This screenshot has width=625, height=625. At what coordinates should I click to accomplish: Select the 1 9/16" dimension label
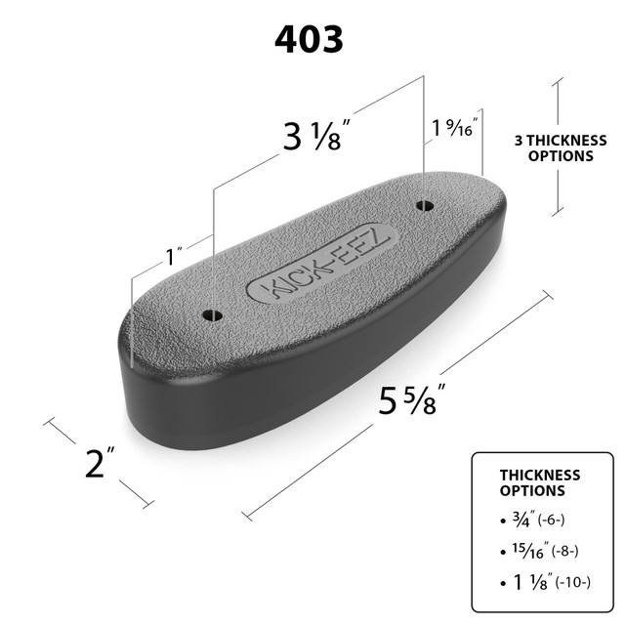[x=454, y=129]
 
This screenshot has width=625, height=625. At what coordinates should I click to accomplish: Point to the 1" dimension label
[x=175, y=258]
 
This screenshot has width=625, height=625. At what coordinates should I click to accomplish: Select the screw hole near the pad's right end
[x=424, y=205]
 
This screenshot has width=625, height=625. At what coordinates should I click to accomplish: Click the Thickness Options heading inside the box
[x=540, y=482]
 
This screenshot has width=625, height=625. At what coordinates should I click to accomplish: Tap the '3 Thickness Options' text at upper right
[x=554, y=147]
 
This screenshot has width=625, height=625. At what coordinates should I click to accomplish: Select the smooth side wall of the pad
[x=322, y=361]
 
